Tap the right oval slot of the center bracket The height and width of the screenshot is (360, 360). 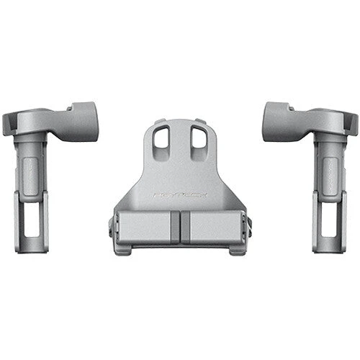tap(197, 138)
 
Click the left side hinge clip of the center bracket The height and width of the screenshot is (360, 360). tap(112, 225)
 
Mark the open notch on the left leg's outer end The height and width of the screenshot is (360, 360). tap(9, 125)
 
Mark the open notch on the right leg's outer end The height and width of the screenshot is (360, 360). tap(351, 125)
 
